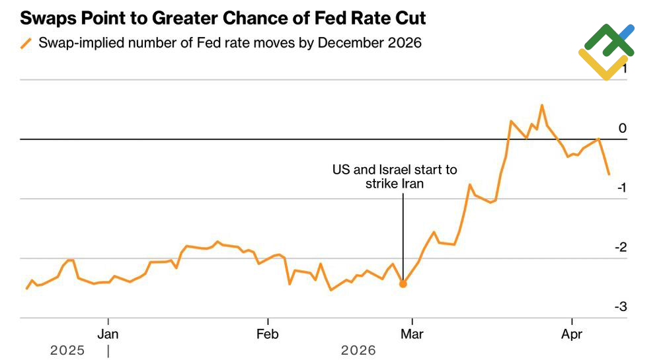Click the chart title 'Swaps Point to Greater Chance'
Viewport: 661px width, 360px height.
(x=223, y=18)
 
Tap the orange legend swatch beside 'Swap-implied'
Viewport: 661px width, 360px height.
(x=26, y=44)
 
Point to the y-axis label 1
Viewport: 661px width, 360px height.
(x=622, y=69)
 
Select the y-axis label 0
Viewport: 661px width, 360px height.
(x=622, y=128)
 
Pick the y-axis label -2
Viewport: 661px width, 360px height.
(x=619, y=247)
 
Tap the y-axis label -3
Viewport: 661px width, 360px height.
(x=619, y=306)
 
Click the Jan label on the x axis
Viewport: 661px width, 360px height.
(x=108, y=334)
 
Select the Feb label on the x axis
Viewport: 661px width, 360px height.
(x=268, y=334)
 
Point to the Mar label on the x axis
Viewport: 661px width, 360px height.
(x=412, y=334)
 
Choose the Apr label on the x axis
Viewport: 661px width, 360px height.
(x=572, y=334)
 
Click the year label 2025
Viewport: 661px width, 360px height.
(x=67, y=351)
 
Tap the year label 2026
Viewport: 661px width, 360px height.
(x=358, y=351)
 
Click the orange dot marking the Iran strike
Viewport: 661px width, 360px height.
(x=403, y=283)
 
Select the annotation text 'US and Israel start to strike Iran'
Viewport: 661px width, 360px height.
(x=394, y=177)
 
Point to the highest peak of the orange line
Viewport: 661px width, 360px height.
(x=542, y=105)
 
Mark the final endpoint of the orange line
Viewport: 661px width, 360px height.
(x=609, y=174)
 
